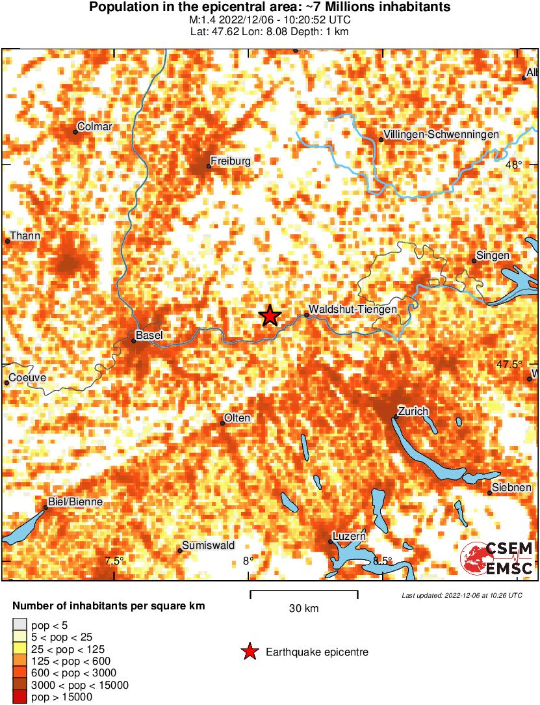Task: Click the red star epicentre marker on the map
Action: point(270,315)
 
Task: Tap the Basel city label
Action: point(149,336)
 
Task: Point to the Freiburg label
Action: point(231,160)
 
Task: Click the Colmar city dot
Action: point(75,132)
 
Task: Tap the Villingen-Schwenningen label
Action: point(441,134)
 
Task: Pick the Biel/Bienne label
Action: point(75,503)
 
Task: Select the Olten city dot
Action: point(222,423)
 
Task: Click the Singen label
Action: point(493,256)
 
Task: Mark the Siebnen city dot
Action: point(490,493)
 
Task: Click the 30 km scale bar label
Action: point(303,609)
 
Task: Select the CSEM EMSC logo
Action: point(497,559)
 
